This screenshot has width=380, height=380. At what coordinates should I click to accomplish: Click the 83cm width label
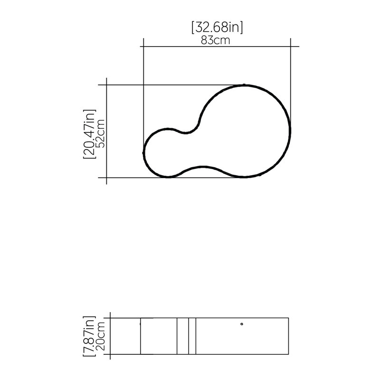click(216, 40)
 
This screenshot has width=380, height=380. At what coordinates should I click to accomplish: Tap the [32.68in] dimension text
click(217, 27)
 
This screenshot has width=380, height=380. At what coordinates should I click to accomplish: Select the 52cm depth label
click(100, 133)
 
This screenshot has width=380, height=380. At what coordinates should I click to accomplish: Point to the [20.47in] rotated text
click(89, 134)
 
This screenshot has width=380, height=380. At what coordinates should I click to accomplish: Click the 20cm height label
click(100, 336)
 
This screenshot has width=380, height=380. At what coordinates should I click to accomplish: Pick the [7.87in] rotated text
click(89, 336)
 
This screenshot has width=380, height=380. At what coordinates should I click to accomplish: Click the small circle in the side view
click(242, 324)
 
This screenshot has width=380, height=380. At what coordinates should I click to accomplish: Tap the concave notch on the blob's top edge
click(185, 133)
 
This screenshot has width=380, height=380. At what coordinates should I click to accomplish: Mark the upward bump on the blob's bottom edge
click(203, 167)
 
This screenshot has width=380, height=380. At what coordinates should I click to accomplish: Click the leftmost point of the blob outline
click(143, 152)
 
